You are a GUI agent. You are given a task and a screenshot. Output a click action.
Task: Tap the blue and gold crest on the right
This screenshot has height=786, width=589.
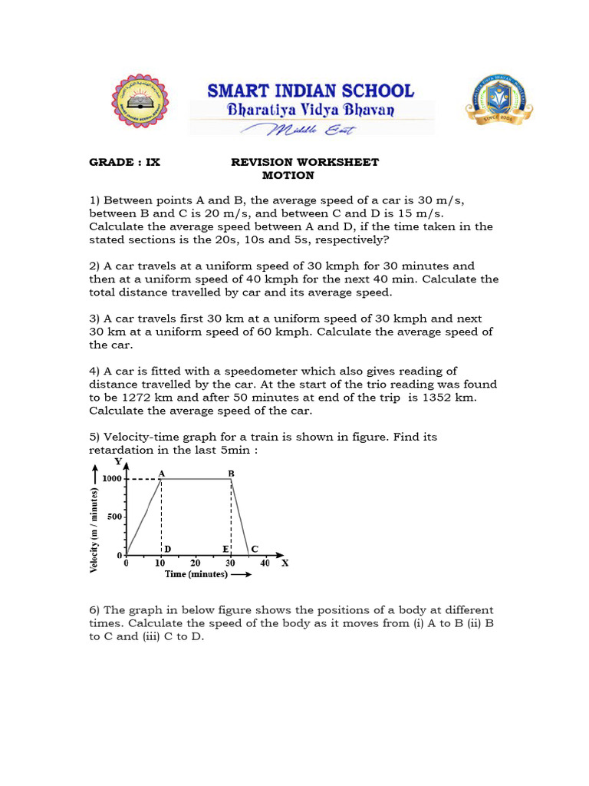point(499,101)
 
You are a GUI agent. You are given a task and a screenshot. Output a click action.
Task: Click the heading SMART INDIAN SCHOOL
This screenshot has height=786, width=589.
point(311,91)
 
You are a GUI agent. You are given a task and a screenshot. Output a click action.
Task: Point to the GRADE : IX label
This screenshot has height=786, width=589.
point(125,162)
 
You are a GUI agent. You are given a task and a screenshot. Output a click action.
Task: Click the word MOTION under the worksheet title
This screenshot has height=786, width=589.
point(288,175)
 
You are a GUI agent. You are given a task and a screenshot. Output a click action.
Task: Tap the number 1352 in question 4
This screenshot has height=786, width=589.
point(455,397)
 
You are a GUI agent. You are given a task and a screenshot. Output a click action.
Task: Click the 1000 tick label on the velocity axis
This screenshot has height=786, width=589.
point(113,478)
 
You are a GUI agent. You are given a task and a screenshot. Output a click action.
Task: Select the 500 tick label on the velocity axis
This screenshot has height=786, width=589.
point(115,517)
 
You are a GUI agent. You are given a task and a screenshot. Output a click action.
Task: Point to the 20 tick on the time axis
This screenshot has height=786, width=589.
point(196,563)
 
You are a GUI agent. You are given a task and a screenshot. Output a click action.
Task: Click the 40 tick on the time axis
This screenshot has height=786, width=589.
point(265,563)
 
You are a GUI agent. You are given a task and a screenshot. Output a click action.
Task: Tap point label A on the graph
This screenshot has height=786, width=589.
point(162,474)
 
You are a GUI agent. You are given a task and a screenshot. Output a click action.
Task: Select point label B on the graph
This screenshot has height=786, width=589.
point(231,474)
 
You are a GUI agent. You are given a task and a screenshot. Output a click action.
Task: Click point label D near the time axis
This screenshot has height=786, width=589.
point(167,549)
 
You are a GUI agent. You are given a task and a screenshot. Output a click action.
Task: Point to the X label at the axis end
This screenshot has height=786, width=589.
point(285,563)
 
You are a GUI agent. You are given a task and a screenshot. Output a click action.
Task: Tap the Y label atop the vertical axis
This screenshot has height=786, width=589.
point(117,461)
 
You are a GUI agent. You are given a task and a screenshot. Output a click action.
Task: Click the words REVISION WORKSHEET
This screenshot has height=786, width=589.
point(305,162)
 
